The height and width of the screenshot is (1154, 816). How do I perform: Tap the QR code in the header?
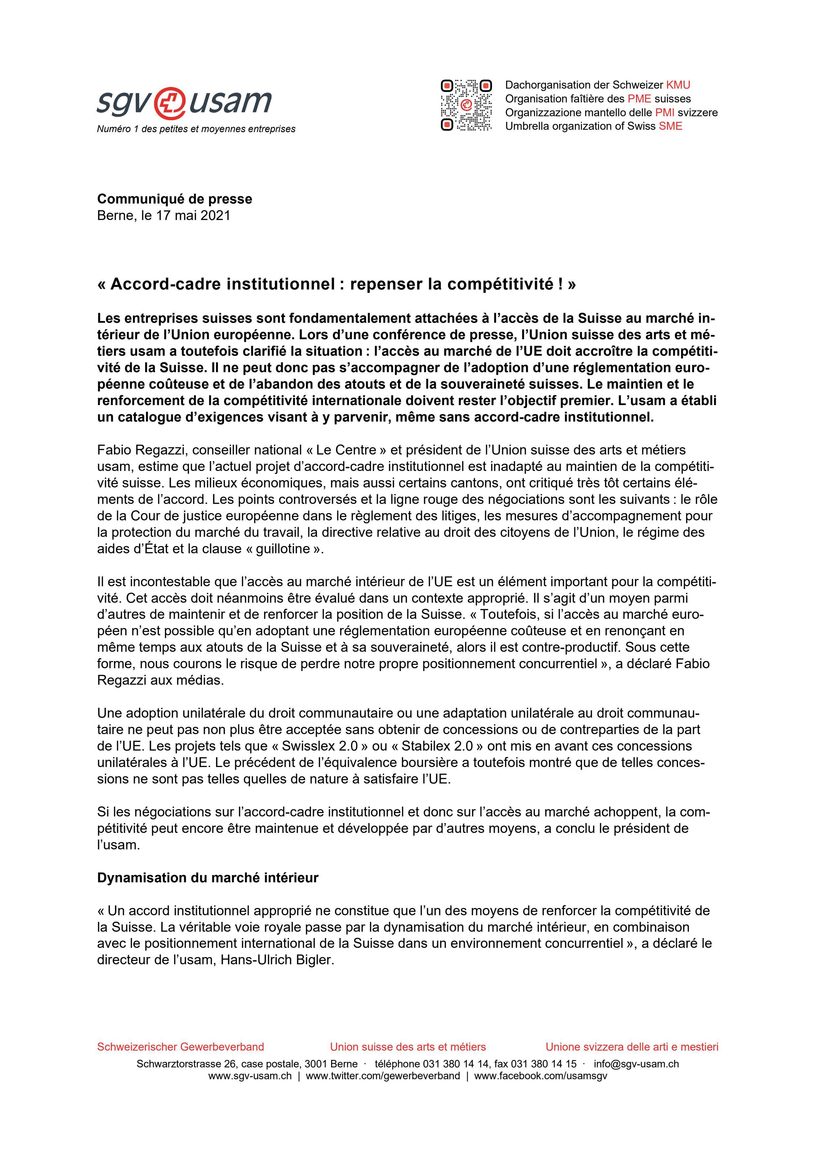[466, 105]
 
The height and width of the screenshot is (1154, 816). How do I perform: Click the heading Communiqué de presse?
[174, 199]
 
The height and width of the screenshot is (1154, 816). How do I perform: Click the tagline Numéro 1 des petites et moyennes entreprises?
[196, 129]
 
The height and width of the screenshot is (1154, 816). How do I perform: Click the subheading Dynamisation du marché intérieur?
[207, 878]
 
